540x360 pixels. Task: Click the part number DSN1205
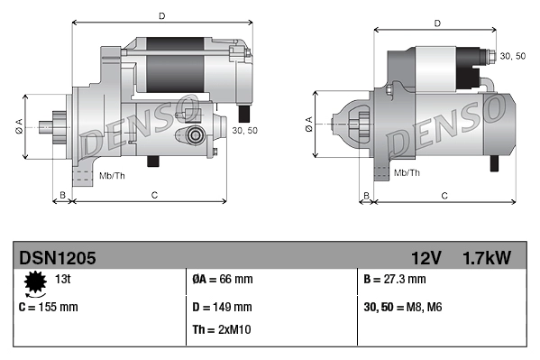[58, 258]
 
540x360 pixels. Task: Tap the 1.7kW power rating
[487, 258]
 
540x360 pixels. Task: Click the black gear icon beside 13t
[35, 284]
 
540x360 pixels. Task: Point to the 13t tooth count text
[63, 280]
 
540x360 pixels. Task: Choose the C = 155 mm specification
[48, 307]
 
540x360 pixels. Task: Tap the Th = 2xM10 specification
[222, 329]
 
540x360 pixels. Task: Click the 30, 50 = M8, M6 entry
[404, 307]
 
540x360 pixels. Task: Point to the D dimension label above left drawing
[161, 15]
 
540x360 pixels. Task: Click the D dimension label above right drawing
[436, 23]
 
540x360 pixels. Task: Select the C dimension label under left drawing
[155, 194]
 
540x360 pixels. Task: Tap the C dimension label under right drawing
[444, 195]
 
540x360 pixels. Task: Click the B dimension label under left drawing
[62, 194]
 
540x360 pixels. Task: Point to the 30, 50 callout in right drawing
[512, 56]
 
